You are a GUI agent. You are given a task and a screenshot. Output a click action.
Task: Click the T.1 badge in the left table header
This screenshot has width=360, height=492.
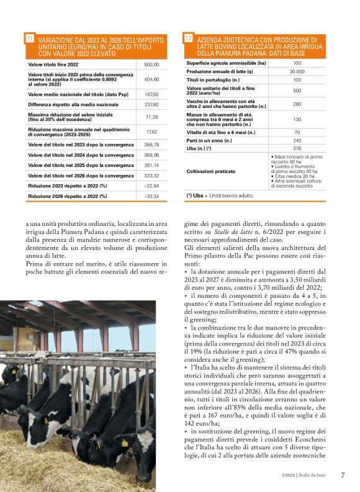pyautogui.click(x=29, y=38)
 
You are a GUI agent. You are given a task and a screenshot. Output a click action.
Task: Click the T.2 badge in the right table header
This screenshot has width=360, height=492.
pyautogui.click(x=188, y=38)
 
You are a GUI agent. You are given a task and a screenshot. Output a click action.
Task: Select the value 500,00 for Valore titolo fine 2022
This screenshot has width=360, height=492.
pyautogui.click(x=151, y=65)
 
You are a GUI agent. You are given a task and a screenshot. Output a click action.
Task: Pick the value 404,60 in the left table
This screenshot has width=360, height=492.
pyautogui.click(x=151, y=79)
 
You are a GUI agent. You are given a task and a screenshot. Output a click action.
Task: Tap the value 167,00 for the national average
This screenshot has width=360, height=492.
pyautogui.click(x=151, y=94)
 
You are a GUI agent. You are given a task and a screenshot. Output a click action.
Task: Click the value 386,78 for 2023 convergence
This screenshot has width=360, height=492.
pyautogui.click(x=151, y=144)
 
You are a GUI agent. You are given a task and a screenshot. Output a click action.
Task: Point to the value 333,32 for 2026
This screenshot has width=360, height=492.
pyautogui.click(x=151, y=176)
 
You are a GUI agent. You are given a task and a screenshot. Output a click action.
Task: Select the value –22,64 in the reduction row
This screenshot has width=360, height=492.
pyautogui.click(x=151, y=186)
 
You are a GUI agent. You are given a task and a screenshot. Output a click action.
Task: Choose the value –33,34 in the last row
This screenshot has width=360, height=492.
pyautogui.click(x=151, y=196)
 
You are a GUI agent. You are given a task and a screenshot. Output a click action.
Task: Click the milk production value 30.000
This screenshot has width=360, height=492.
pyautogui.click(x=297, y=71)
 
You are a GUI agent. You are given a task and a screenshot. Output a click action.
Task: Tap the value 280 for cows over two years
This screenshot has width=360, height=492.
pyautogui.click(x=297, y=104)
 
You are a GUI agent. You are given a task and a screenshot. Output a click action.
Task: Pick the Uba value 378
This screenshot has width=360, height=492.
pyautogui.click(x=297, y=148)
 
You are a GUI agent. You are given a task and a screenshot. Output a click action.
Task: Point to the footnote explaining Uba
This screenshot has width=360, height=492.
pyautogui.click(x=220, y=195)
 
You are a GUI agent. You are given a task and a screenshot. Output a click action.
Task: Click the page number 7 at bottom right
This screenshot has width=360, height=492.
pyautogui.click(x=342, y=475)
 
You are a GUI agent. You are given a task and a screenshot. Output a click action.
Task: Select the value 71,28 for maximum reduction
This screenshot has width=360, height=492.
pyautogui.click(x=151, y=117)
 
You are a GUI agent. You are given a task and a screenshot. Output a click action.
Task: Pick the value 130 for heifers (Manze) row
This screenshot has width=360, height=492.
pyautogui.click(x=297, y=119)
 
